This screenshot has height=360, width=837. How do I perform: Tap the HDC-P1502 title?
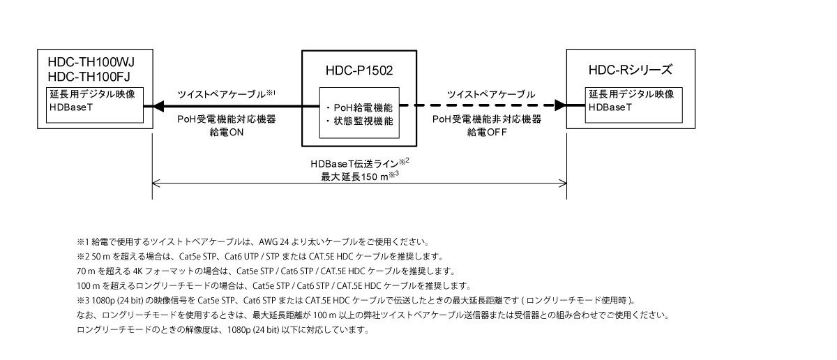click(360, 70)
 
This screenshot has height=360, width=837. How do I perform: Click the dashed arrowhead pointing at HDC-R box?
click(559, 107)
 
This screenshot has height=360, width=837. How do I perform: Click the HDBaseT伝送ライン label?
click(358, 163)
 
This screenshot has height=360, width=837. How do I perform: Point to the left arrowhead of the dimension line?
click(156, 186)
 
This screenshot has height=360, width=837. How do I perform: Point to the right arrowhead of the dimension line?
click(563, 186)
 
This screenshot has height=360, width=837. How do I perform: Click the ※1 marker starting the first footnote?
click(80, 242)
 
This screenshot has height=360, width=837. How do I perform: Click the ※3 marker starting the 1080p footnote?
click(80, 301)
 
